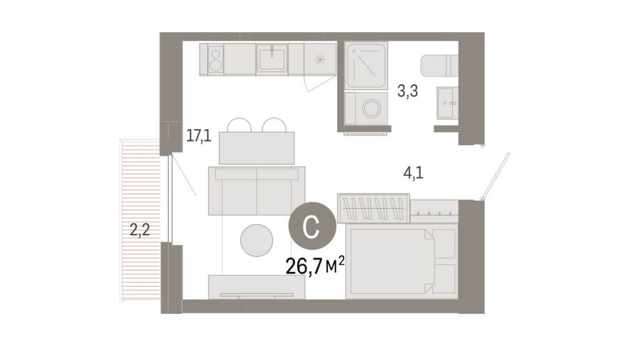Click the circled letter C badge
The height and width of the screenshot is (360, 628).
coord(313,226)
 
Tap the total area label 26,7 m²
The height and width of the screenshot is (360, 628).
coord(315,265)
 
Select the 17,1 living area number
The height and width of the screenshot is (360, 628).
coord(199,136)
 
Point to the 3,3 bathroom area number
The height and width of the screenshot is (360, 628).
coord(408,91)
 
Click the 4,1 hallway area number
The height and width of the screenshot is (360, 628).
coord(413,174)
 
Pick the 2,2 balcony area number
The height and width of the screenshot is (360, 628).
coord(140,230)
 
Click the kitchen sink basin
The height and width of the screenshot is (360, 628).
coord(272,59)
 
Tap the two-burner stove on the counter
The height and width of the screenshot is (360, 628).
coord(216,59)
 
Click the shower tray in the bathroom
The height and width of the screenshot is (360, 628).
coord(366,66)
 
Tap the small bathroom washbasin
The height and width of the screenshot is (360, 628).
coord(447,103)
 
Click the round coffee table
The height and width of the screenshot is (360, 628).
coord(257,240)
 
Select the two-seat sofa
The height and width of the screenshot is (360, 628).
coord(257,190)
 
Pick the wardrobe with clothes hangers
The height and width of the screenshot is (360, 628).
coord(373,208)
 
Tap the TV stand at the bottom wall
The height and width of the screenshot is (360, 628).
coord(257,287)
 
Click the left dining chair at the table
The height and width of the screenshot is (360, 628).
coord(239,125)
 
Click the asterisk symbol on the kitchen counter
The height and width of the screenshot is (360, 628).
coord(320,60)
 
